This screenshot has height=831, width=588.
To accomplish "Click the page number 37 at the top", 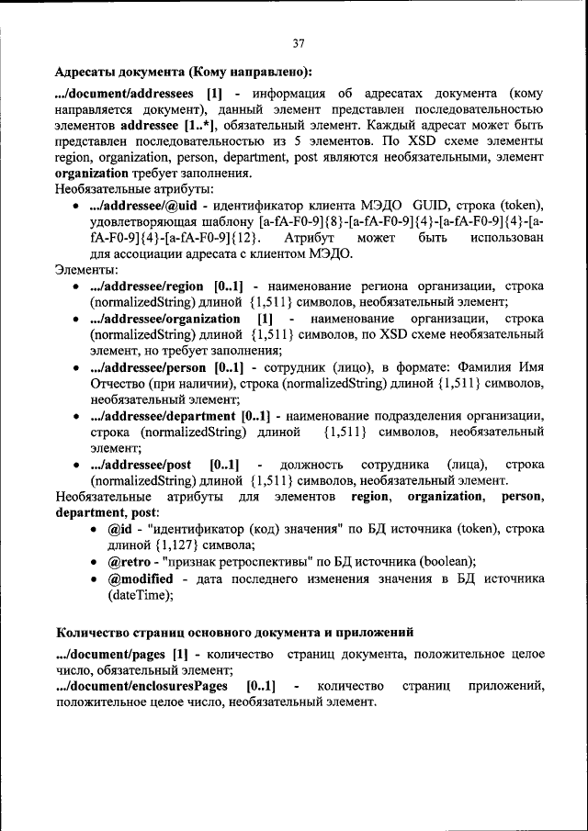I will [298, 43].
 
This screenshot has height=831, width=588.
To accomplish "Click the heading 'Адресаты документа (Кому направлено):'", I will [183, 72].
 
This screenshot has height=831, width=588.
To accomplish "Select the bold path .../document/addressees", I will [124, 94].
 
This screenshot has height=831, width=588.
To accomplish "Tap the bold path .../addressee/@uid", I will [146, 205].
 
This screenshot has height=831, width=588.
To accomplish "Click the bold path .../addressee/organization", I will [165, 319].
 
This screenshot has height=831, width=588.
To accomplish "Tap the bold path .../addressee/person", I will [150, 367].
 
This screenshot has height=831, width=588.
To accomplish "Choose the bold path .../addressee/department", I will [164, 416].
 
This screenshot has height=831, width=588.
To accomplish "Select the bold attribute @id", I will [120, 530].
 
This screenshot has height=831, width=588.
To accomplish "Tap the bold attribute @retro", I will [129, 562].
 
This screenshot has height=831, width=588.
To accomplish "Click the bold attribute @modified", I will [140, 578].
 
